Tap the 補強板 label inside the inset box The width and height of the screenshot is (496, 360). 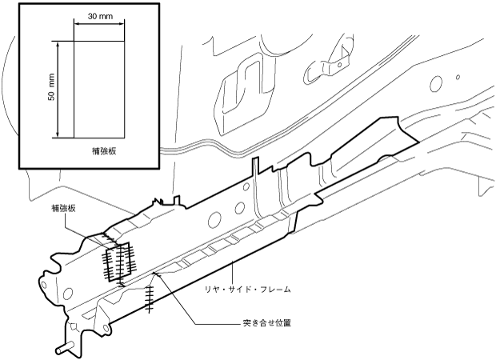(105, 150)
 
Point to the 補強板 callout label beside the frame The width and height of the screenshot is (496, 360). (62, 208)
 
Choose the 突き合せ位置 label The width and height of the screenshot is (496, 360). (266, 323)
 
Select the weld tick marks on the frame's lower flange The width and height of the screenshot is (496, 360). (149, 296)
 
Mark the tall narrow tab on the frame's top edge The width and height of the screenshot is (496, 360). (254, 167)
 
